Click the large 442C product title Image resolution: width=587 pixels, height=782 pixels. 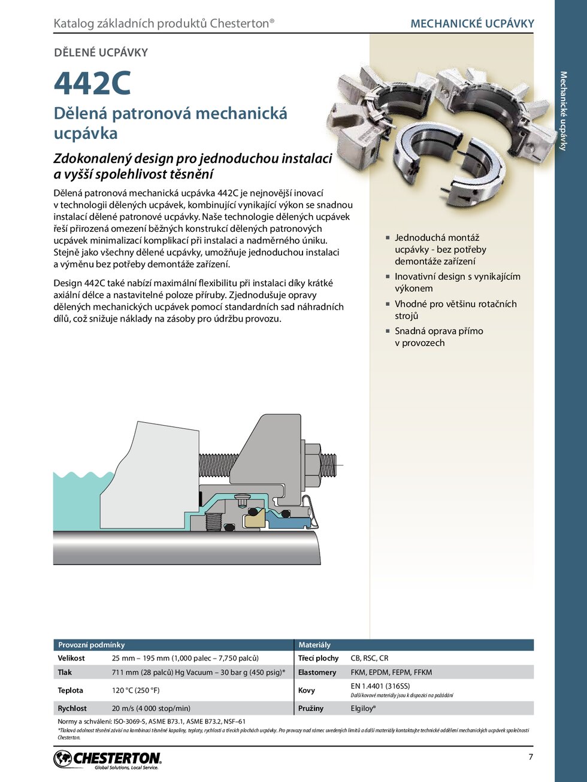92,83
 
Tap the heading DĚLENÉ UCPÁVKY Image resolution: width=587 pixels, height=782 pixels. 101,53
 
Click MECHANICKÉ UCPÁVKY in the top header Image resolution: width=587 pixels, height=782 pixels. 472,24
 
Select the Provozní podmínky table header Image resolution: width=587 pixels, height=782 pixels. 91,645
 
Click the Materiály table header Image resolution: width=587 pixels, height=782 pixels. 314,645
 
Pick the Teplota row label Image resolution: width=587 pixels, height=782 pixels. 70,690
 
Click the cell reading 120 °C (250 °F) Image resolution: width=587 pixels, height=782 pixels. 135,690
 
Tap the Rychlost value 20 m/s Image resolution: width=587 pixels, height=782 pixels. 151,708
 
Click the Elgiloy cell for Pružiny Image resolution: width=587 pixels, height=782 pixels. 363,708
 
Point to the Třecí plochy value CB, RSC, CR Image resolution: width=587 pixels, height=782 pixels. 369,658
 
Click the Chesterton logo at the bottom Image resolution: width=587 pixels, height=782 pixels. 108,760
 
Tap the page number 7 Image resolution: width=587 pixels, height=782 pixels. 531,757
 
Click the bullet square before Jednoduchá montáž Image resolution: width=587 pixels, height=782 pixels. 388,238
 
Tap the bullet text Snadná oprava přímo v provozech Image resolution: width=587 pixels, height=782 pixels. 438,337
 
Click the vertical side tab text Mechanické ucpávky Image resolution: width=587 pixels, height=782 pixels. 563,111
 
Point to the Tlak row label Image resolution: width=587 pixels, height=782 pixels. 65,672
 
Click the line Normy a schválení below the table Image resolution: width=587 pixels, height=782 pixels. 151,722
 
